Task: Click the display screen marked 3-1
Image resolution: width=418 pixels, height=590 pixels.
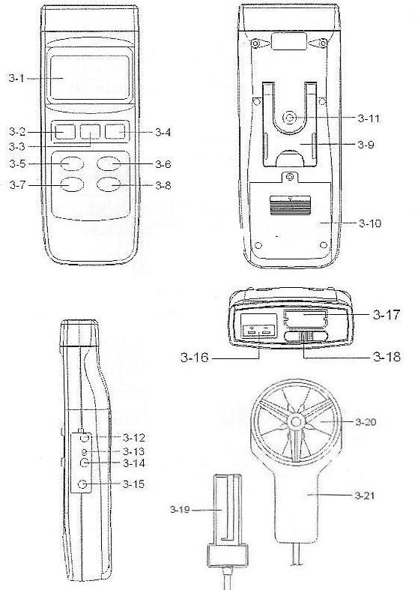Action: click(x=89, y=77)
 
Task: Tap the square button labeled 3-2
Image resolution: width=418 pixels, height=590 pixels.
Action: click(x=65, y=132)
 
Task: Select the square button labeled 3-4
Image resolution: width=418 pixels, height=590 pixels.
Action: click(x=115, y=132)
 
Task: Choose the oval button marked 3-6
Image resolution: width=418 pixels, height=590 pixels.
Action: click(x=109, y=163)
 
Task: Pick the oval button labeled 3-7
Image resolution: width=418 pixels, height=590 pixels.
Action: click(x=72, y=184)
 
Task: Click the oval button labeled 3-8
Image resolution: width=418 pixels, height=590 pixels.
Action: click(x=109, y=184)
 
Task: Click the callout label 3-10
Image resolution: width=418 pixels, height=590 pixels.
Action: click(x=370, y=223)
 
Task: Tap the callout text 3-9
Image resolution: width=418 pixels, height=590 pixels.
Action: click(x=366, y=145)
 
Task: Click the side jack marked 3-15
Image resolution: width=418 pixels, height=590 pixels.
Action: click(x=82, y=484)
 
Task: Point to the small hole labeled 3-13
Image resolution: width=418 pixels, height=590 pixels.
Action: click(x=85, y=451)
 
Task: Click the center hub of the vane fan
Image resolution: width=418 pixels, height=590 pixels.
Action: click(x=296, y=422)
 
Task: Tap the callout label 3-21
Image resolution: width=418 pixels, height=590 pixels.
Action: click(x=365, y=496)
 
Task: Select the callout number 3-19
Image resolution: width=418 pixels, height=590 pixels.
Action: click(x=180, y=510)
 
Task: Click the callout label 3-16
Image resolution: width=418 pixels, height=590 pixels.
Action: click(x=194, y=357)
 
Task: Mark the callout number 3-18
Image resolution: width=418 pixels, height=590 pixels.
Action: click(x=387, y=356)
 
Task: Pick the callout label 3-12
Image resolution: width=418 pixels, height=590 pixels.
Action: click(x=134, y=438)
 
